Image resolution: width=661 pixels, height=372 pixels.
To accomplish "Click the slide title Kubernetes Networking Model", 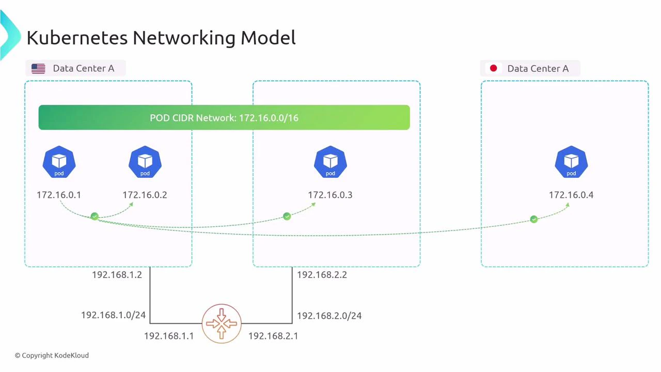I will [x=161, y=38].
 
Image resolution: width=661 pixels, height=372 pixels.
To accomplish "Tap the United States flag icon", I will [x=38, y=69].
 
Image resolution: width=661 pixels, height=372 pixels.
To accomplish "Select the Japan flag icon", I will [x=493, y=68].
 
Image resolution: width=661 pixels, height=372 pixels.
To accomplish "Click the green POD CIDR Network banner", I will [x=224, y=118].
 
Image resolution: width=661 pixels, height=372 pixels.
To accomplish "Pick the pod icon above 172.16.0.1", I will [x=59, y=162].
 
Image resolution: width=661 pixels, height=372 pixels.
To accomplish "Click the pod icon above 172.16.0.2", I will [x=145, y=162].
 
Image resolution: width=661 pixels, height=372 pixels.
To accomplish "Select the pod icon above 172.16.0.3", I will [x=330, y=162].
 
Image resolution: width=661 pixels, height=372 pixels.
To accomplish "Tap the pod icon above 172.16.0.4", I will [x=571, y=162].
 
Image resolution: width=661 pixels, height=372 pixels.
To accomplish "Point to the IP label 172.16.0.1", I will [x=59, y=195].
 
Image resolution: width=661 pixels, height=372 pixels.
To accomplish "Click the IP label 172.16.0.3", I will [x=330, y=195].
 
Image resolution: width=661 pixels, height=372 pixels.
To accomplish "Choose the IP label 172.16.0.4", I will [x=571, y=195].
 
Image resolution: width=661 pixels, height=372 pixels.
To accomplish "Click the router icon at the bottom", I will [x=222, y=323].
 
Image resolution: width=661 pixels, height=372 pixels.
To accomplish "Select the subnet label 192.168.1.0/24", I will [x=113, y=315].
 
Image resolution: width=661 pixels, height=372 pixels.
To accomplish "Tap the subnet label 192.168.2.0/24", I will [x=329, y=315].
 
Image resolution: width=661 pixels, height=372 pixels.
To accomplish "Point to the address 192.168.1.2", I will [x=117, y=275].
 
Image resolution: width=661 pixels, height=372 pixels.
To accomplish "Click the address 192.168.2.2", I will [x=322, y=275].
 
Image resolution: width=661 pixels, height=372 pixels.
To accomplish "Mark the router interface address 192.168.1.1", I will [x=169, y=336].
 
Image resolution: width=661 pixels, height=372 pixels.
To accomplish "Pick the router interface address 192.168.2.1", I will [x=273, y=336].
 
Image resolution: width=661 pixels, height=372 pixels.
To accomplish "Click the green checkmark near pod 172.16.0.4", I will [x=534, y=220].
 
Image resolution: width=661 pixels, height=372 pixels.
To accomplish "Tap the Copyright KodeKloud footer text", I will [x=52, y=355].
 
